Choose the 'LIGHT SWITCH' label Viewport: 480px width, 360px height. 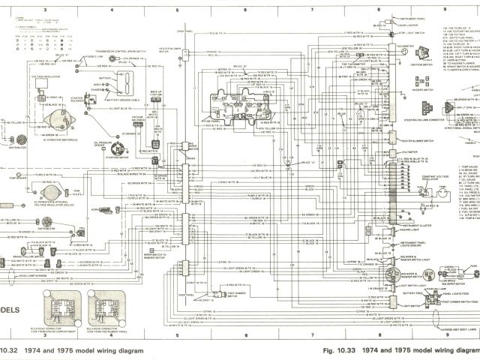coord(412,286)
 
